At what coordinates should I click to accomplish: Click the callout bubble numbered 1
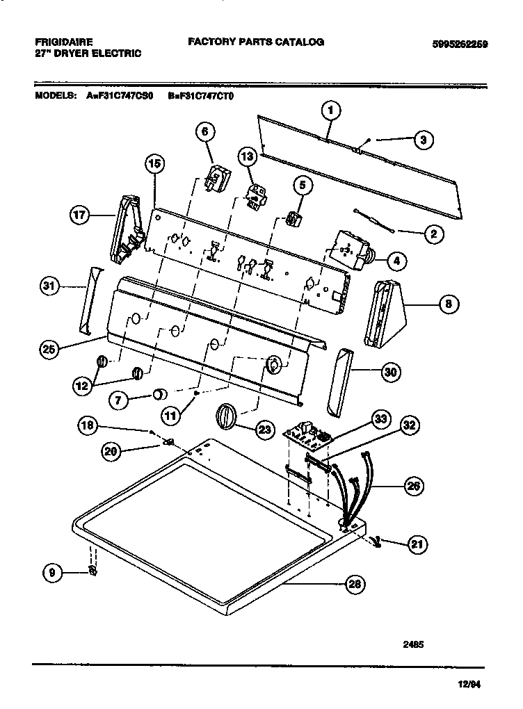332,110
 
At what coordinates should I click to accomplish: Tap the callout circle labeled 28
355,585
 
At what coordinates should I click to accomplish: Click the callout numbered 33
380,419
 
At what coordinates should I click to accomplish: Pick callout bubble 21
415,545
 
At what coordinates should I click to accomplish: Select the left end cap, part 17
129,225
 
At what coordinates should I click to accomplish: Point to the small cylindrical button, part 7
160,395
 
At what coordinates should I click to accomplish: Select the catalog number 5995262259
460,43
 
